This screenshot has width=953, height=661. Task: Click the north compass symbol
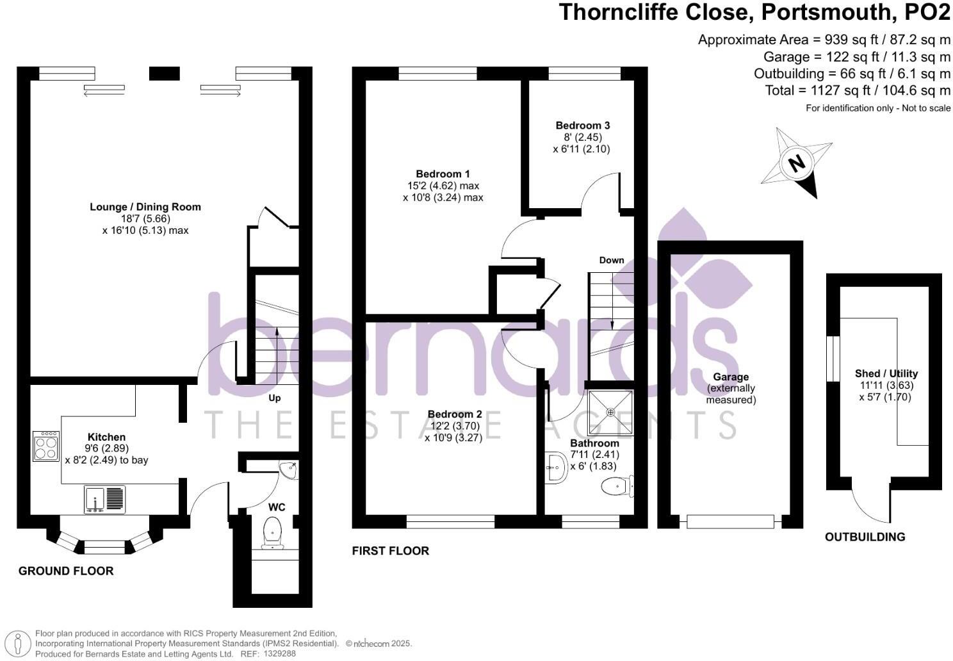tap(797, 163)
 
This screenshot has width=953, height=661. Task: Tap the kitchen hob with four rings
tap(46, 446)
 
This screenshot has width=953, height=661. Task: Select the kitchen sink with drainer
tap(105, 500)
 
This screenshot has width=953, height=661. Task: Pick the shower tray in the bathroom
tap(611, 413)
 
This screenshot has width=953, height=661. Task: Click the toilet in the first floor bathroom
tap(617, 487)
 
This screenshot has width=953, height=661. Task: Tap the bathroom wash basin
tap(556, 468)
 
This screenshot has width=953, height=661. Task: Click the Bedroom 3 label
tap(578, 126)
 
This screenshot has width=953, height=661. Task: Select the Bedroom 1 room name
tap(443, 174)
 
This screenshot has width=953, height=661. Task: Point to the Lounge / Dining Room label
tap(145, 207)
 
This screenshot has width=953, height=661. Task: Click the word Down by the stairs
tap(611, 260)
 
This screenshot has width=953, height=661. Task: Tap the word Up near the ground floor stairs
tap(274, 398)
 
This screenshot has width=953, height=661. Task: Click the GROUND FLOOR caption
tap(66, 571)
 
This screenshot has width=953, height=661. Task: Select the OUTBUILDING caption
tap(865, 537)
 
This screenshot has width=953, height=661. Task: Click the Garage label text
tap(731, 377)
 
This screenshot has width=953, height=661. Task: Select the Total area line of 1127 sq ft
tap(857, 90)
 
